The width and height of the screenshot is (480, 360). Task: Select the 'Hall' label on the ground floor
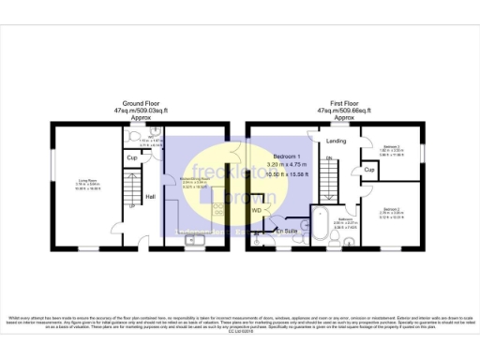coord(150,197)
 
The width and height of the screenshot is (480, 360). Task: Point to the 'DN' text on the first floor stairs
coord(328,158)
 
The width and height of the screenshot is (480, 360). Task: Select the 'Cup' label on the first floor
coord(370,170)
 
